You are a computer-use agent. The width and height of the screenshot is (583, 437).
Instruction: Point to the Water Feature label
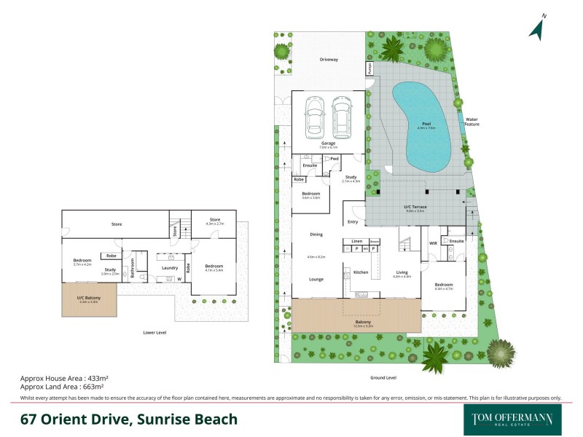pyautogui.click(x=472, y=122)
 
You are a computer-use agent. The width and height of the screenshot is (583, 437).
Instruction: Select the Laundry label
pyautogui.click(x=170, y=268)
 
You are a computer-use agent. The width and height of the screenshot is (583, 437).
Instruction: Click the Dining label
pyautogui.click(x=316, y=235)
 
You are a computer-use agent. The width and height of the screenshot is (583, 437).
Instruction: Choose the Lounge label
pyautogui.click(x=316, y=279)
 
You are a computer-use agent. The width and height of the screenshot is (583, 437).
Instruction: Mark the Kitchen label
pyautogui.click(x=361, y=272)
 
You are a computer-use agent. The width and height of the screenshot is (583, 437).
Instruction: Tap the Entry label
pyautogui.click(x=353, y=222)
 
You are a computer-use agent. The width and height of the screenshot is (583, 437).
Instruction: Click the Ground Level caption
pyautogui.click(x=382, y=377)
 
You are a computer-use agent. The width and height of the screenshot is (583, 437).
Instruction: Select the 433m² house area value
pyautogui.click(x=95, y=379)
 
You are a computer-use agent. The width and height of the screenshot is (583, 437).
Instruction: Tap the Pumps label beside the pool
pyautogui.click(x=369, y=69)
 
